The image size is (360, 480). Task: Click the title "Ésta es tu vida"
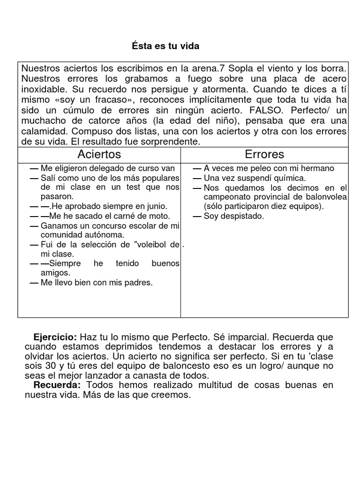[165, 46]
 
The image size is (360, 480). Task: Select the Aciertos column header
[99, 154]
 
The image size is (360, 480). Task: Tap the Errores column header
[264, 154]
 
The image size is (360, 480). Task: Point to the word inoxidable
[43, 88]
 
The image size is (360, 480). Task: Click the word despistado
[240, 216]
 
